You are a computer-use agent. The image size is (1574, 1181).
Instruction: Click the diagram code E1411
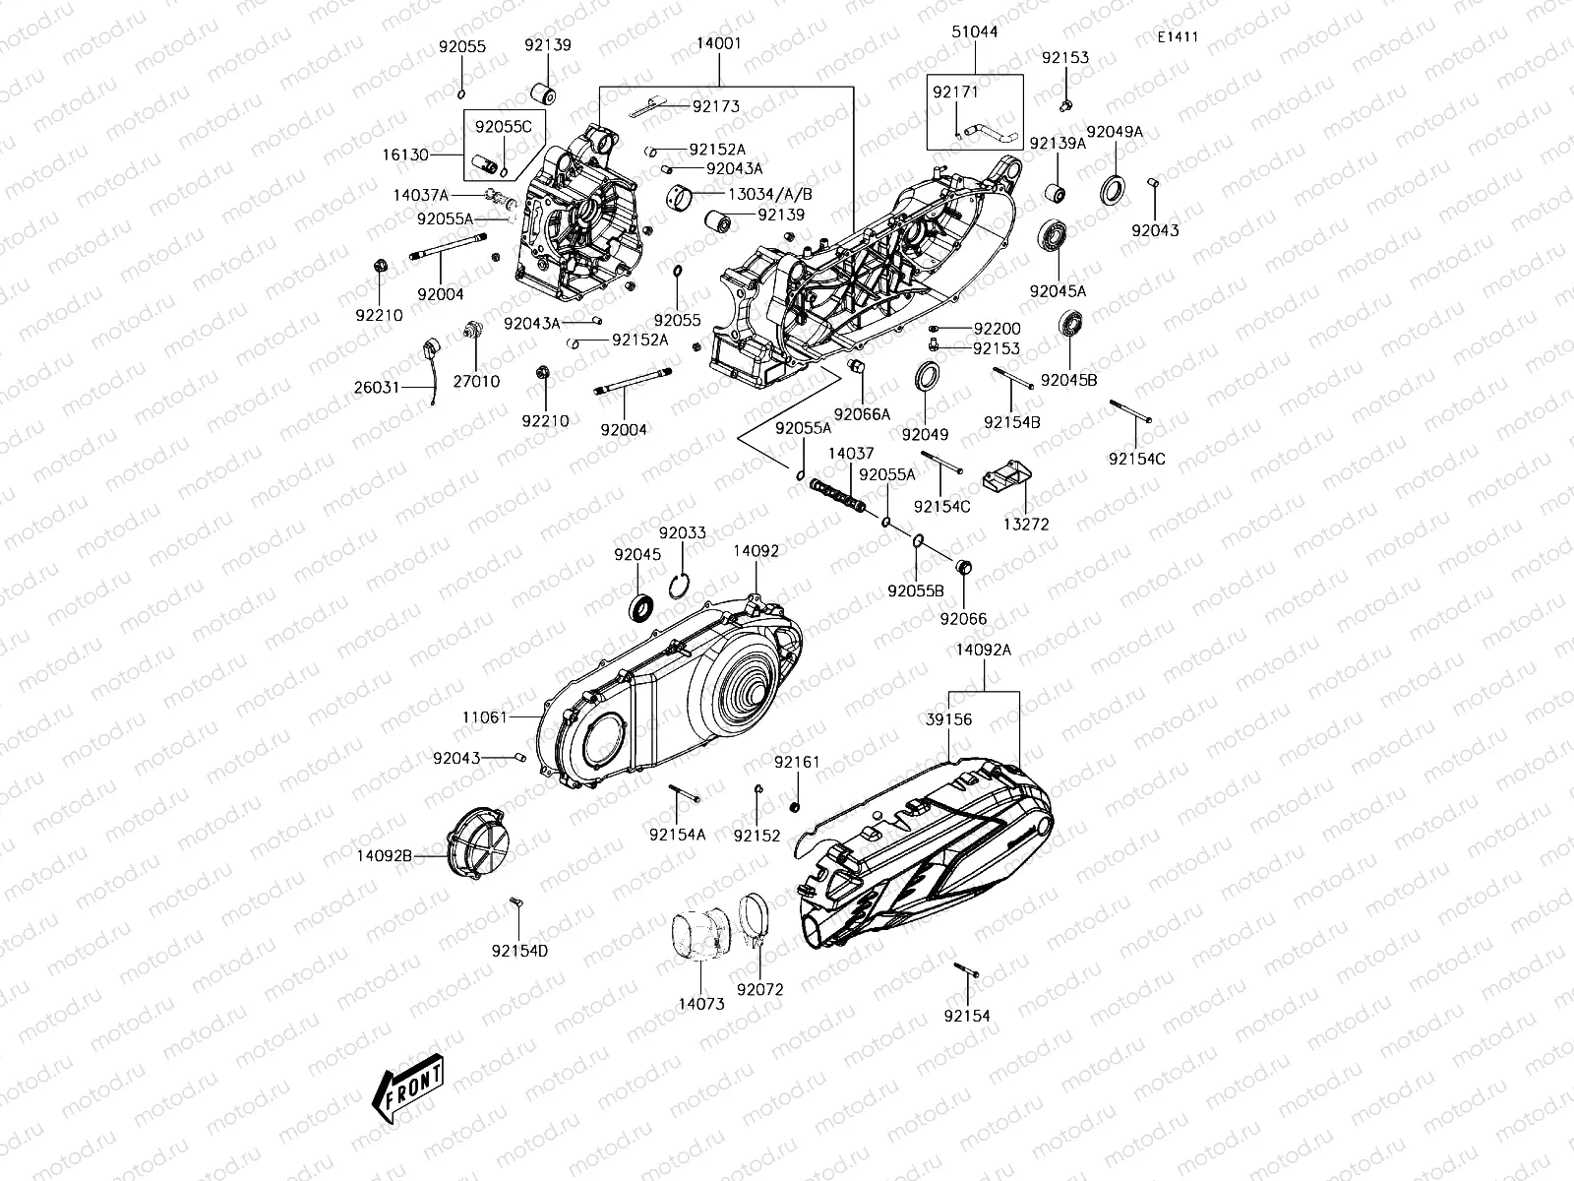coord(1178,37)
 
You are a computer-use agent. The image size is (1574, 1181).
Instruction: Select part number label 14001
coord(719,44)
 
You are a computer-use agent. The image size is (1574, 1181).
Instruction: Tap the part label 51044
coord(974,31)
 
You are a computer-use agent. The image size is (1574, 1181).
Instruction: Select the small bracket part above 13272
coord(1004,479)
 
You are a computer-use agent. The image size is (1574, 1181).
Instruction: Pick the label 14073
coord(700,1005)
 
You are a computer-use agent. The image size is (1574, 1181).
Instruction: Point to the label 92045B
coord(1068,380)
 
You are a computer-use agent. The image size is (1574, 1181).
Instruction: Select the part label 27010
coord(475,382)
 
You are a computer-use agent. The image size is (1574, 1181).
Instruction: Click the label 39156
coord(948,719)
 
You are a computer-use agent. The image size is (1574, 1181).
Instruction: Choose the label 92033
coord(683,533)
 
